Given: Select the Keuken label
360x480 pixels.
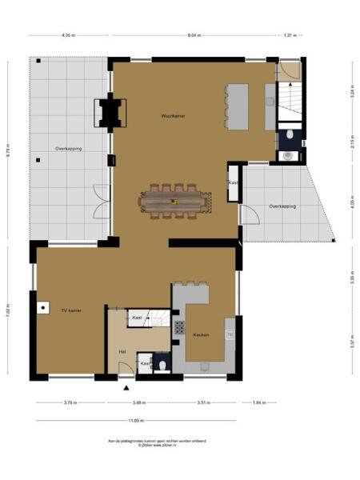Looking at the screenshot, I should click(x=201, y=334).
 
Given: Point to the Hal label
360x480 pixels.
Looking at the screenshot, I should click(x=122, y=351).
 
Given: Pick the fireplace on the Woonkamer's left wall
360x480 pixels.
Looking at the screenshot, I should click(x=109, y=113).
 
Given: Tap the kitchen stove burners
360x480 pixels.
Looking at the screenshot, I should click(x=179, y=326).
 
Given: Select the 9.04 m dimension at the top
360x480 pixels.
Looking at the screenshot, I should click(x=194, y=36).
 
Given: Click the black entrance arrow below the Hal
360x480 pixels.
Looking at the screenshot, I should click(x=126, y=387).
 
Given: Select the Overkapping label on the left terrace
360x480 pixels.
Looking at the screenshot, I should click(x=68, y=149).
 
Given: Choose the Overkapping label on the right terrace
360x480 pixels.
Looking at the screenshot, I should click(x=282, y=206).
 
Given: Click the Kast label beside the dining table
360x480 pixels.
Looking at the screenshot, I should click(x=233, y=183).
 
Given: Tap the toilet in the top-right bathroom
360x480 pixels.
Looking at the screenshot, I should click(x=288, y=156).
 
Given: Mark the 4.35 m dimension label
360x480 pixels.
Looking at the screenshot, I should click(x=68, y=36).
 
